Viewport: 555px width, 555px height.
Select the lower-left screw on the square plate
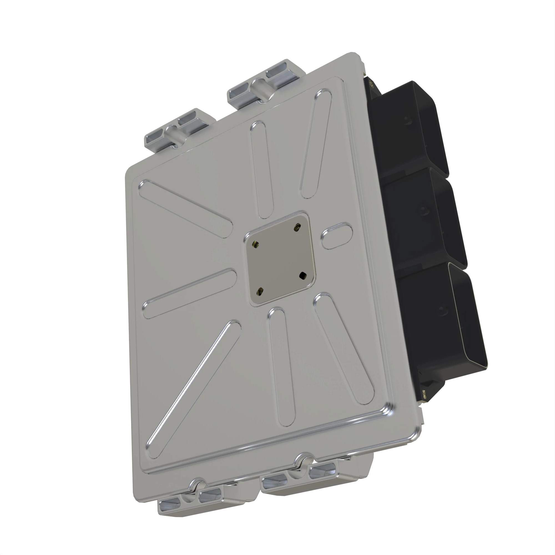(260, 292)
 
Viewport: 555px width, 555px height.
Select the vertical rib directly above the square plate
(261, 170)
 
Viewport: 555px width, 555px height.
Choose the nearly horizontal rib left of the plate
(190, 293)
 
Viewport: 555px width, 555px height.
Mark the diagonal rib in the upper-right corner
(316, 144)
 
